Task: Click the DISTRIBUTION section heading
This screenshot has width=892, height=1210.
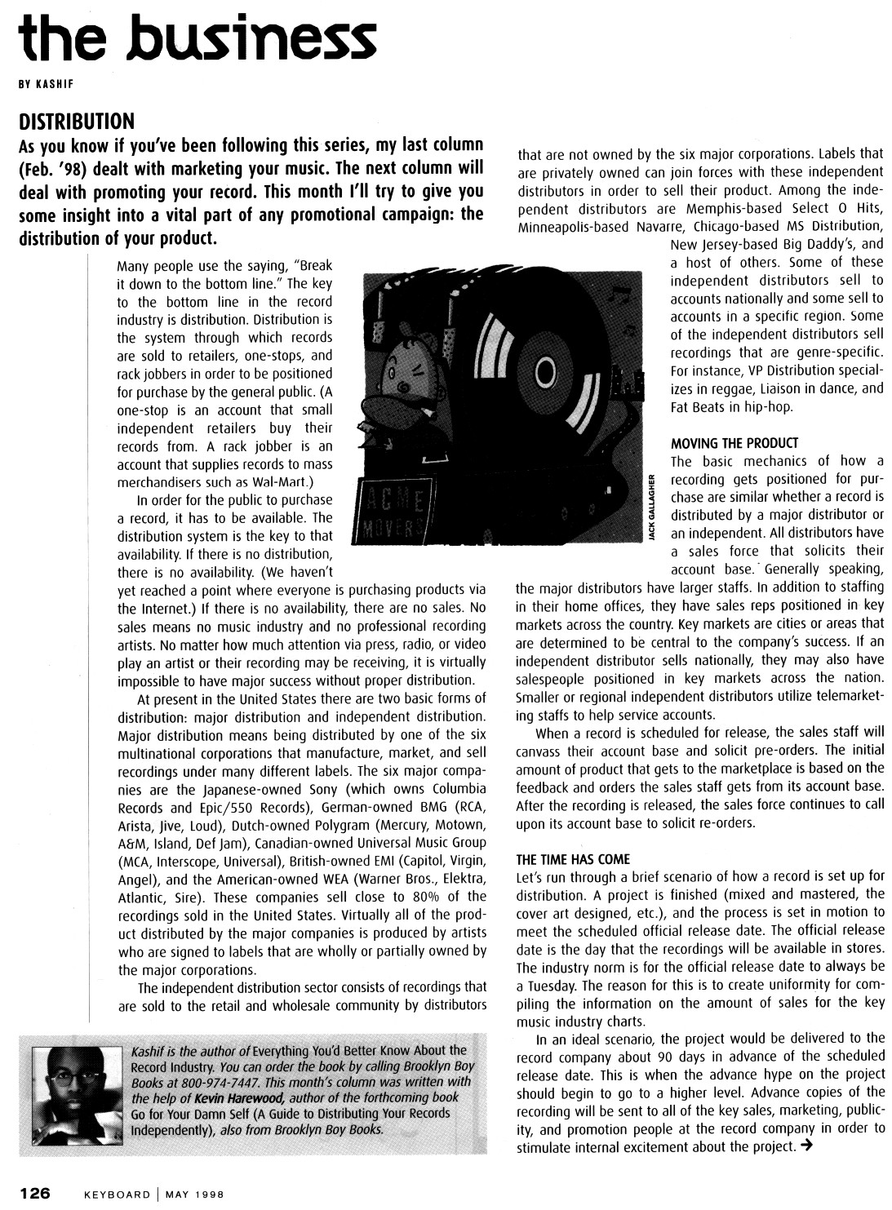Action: (76, 122)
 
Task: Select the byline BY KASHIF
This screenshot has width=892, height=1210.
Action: (48, 83)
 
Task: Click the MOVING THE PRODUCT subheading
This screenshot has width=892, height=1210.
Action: (734, 443)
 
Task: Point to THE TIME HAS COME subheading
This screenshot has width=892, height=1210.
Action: (573, 859)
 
